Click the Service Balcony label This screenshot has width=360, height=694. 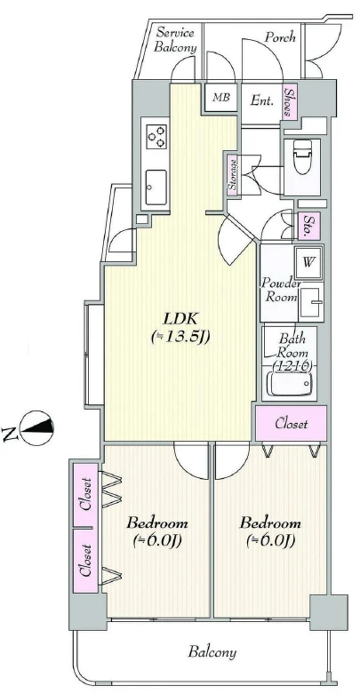point(175,40)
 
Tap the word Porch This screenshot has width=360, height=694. point(280,37)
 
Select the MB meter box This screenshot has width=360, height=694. point(221,97)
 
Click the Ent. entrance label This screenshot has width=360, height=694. point(261,100)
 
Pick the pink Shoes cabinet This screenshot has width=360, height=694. point(289,101)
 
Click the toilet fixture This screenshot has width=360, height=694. point(303,156)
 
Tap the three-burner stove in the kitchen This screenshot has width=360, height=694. point(156,136)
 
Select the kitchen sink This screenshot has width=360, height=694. point(156,187)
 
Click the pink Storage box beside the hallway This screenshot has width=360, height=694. point(232,174)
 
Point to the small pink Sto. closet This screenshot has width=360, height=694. point(309,226)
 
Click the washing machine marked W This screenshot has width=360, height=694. point(309,261)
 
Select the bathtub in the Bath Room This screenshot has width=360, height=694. point(291,384)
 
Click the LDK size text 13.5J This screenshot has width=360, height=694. point(180,338)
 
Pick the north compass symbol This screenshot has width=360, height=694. point(37,428)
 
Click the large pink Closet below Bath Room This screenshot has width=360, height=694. point(291,424)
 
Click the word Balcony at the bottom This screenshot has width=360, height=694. point(212,652)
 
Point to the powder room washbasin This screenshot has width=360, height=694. point(311,304)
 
